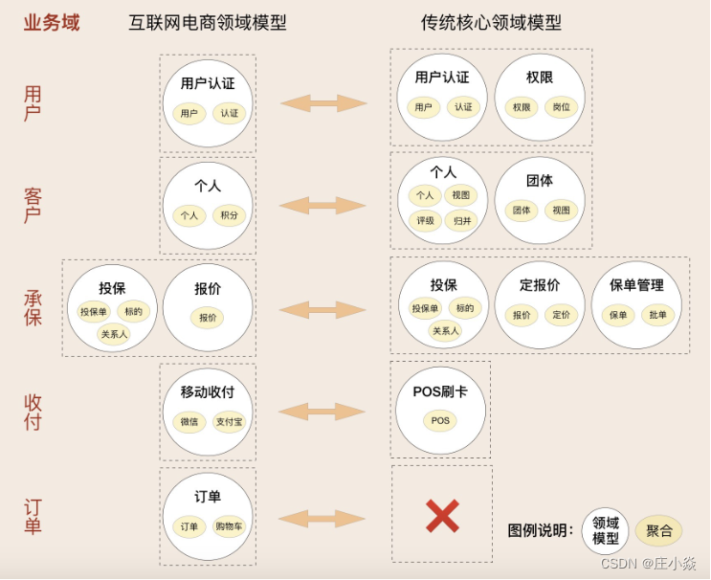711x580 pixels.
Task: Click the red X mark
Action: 442,516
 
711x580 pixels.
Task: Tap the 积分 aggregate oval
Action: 230,215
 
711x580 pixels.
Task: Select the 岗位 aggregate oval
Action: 562,107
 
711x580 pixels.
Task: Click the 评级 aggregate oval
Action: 425,220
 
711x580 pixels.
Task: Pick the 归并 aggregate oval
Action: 462,220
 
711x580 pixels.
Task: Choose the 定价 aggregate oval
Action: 562,315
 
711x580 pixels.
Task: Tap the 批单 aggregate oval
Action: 658,315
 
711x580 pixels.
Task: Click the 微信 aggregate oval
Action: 189,421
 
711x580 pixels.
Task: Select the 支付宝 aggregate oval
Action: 230,421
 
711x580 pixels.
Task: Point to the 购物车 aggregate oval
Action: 230,526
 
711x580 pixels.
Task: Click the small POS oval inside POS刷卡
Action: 440,421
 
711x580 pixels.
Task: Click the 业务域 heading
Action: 52,23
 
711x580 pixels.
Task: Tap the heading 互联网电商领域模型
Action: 208,23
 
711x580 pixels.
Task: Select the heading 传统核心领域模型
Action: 491,23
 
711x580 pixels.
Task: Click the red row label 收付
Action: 33,412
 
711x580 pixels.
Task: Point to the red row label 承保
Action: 33,307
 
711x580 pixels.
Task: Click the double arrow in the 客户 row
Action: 322,205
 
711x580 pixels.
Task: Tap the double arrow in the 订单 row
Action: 322,519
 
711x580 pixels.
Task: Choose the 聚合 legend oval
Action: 659,530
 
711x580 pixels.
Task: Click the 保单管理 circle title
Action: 636,285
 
